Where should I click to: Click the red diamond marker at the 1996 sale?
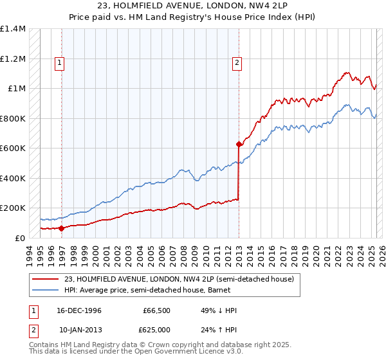click(62, 228)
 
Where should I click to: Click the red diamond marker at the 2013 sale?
click(239, 144)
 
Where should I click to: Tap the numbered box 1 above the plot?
click(59, 62)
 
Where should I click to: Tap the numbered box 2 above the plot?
click(237, 62)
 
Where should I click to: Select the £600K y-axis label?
click(13, 148)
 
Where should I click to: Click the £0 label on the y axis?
click(20, 238)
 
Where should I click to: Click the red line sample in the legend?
click(46, 279)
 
